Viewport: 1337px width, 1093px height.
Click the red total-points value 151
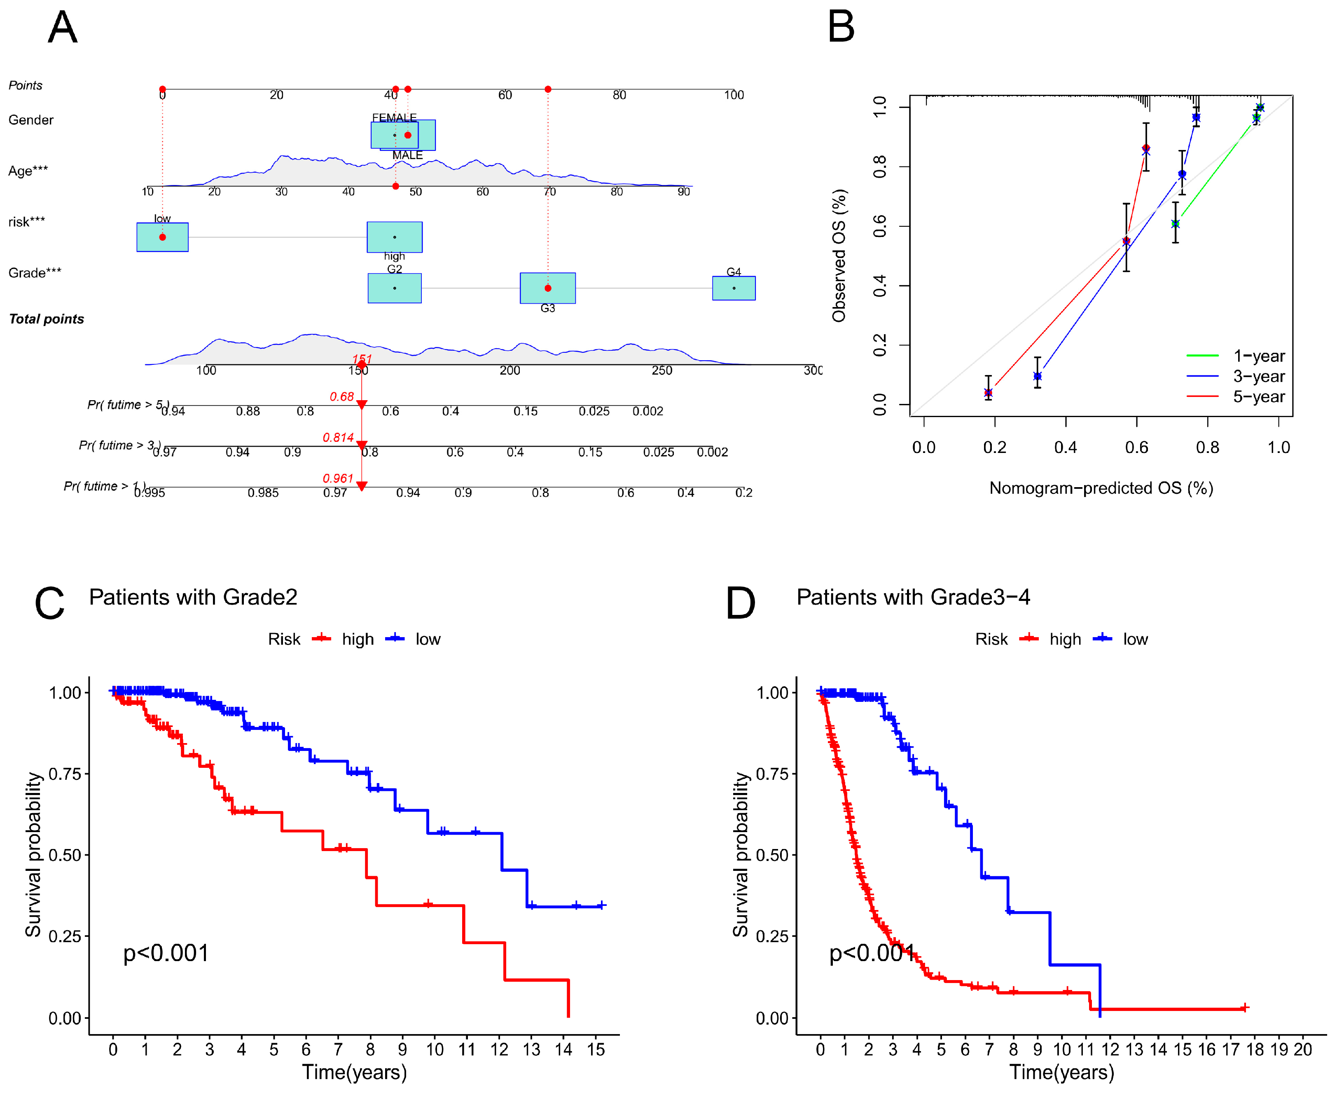tap(362, 359)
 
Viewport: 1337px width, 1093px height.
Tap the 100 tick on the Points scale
tap(734, 95)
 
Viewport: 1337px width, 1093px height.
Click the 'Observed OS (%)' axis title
tap(839, 256)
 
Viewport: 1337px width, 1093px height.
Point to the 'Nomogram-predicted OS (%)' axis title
tap(1101, 488)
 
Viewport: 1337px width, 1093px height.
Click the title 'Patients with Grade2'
tap(193, 597)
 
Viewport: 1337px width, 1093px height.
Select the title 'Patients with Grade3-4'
tap(913, 597)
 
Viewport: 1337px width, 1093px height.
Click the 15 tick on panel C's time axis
tap(596, 1050)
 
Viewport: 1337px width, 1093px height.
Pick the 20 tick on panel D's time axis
tap(1302, 1050)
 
